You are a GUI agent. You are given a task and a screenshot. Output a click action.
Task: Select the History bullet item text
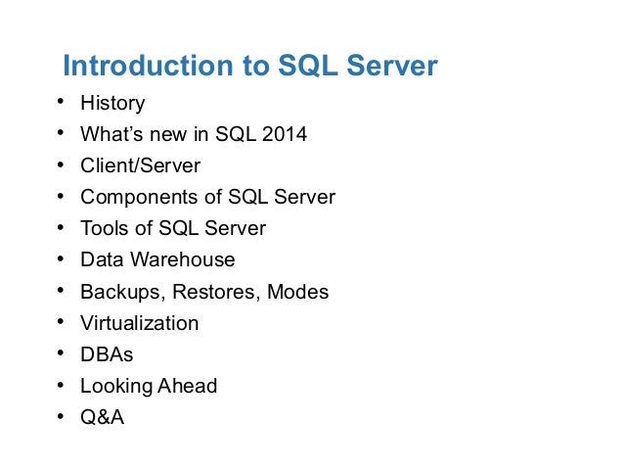tap(112, 103)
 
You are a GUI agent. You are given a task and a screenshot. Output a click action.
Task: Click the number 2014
tap(283, 134)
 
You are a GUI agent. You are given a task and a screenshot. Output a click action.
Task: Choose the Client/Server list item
tap(140, 165)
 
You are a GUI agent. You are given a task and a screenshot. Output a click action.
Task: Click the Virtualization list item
tap(139, 323)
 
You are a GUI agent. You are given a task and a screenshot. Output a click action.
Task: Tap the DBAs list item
tap(107, 354)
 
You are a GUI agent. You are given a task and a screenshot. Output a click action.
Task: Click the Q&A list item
tap(103, 417)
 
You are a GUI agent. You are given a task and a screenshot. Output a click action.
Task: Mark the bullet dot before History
tap(60, 103)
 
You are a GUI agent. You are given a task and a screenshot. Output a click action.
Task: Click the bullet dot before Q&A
tap(60, 417)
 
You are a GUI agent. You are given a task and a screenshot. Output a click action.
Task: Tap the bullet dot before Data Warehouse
tap(60, 259)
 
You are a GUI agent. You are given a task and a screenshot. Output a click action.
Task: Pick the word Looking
tap(114, 386)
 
